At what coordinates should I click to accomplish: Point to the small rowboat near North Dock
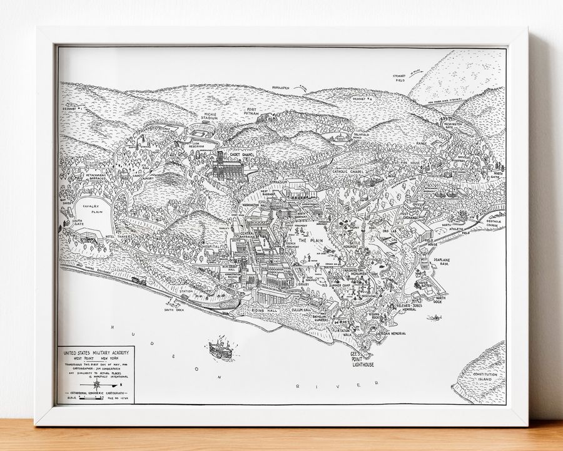tap(433, 318)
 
